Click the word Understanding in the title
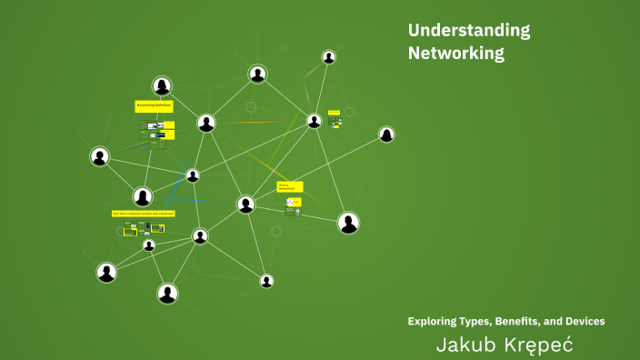pos(469,31)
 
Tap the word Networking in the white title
pos(455,54)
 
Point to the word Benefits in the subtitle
pos(519,321)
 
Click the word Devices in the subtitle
pos(585,321)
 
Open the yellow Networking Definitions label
pos(154,106)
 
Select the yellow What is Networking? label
pos(290,186)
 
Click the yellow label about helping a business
pos(144,214)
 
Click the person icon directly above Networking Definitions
pos(162,86)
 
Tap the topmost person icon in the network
pos(328,57)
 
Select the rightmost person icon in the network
pos(386,135)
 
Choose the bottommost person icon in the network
pos(166,293)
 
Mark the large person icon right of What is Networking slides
pos(348,223)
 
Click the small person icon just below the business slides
pos(148,245)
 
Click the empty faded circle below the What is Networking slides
pos(276,231)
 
